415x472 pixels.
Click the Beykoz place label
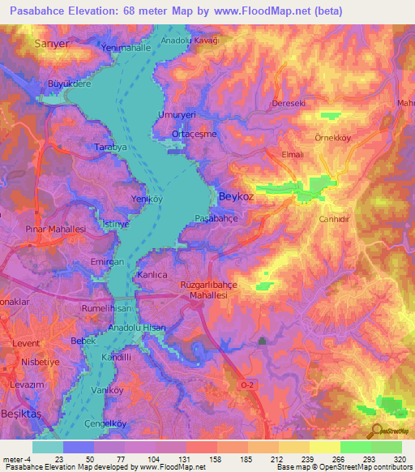click(235, 195)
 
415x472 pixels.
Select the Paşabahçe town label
click(216, 219)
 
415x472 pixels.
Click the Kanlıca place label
click(152, 275)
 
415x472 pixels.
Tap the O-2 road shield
click(248, 386)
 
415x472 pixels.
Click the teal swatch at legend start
click(48, 447)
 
